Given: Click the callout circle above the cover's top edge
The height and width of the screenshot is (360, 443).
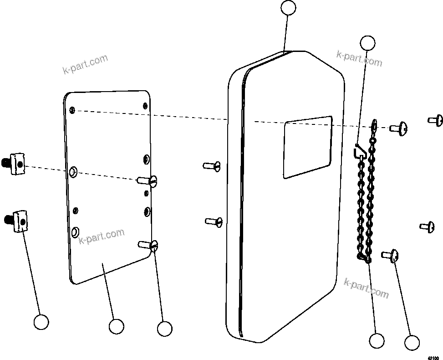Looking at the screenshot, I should [x=288, y=8].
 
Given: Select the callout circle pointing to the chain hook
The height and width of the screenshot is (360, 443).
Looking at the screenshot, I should [x=367, y=43].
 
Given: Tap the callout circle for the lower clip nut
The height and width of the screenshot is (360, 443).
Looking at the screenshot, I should [x=41, y=322].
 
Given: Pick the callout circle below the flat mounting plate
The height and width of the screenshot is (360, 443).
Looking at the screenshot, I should [x=116, y=326].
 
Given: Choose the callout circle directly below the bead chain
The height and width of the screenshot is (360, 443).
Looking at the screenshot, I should [x=377, y=340].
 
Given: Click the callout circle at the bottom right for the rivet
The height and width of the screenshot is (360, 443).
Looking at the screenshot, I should [x=412, y=343].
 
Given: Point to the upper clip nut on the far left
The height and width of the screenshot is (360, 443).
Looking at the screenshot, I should [x=16, y=163].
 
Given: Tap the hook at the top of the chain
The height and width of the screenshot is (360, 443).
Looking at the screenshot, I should [x=359, y=150].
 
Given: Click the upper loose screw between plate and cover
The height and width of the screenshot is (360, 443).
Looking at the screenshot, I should [x=212, y=165].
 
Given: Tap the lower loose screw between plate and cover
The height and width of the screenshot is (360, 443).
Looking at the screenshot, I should [x=214, y=221].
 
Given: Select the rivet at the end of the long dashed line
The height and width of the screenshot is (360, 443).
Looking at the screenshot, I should [x=398, y=129].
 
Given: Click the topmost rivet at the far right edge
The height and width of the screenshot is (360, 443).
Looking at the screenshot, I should [x=436, y=120].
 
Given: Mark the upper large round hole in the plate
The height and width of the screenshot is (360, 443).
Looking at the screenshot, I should [x=73, y=172].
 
